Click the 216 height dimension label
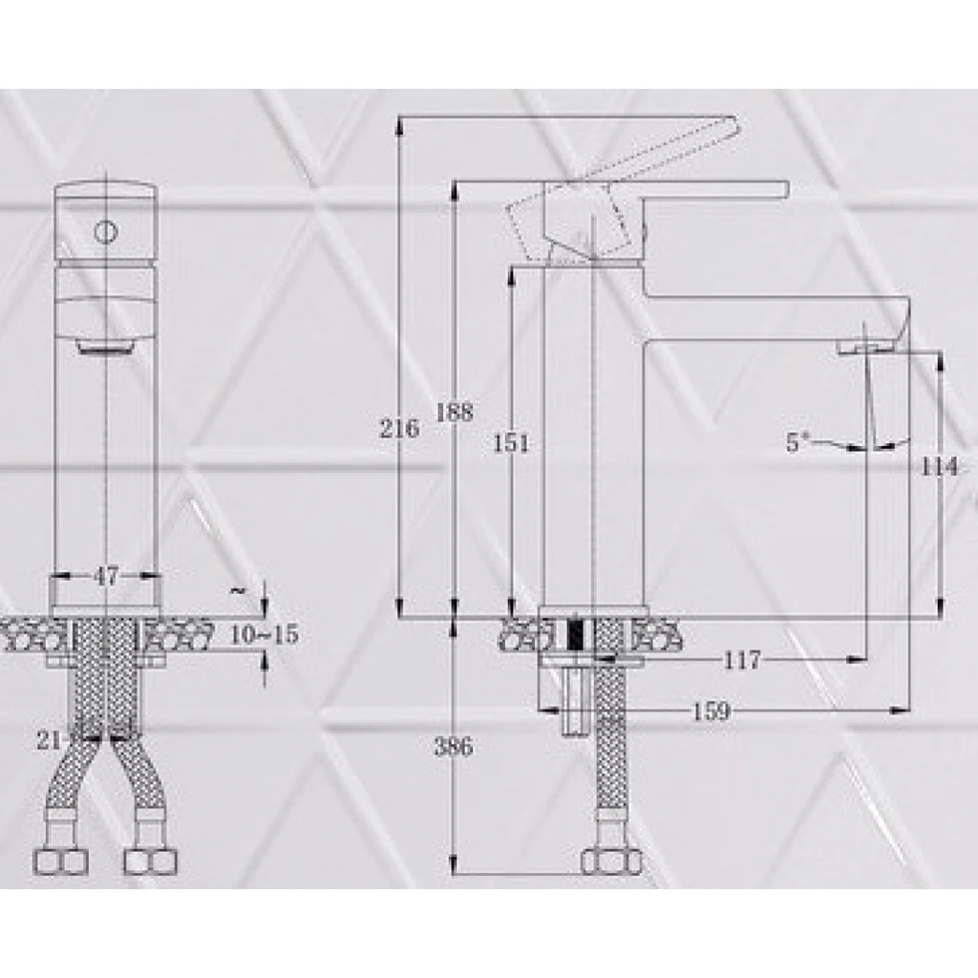(400, 429)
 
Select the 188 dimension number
(454, 413)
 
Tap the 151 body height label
(511, 443)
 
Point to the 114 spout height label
(940, 466)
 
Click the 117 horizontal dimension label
(741, 659)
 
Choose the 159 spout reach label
(711, 711)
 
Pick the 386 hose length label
(454, 746)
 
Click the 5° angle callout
(797, 441)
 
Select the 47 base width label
(105, 576)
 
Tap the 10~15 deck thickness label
(265, 635)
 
